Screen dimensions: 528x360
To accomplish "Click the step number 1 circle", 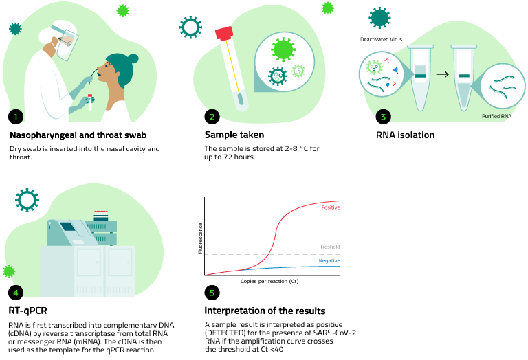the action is click(16, 117).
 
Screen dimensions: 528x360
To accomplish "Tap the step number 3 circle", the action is click(383, 117).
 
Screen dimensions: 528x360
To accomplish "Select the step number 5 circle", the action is click(212, 293).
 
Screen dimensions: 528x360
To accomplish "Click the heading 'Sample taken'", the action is click(234, 135).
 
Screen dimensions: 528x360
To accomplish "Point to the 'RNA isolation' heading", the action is click(405, 135).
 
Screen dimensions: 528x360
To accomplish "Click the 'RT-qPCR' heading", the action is click(27, 311).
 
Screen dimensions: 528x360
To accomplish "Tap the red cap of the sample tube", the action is click(224, 34).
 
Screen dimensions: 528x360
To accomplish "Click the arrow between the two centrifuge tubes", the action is click(443, 74).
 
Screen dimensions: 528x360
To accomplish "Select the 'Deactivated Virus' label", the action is click(381, 39).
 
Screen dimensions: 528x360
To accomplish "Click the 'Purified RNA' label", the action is click(496, 116).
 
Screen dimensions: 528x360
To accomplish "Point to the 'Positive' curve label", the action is click(331, 207).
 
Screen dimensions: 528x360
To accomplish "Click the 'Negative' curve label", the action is click(329, 261).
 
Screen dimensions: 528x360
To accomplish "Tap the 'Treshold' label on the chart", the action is click(330, 247).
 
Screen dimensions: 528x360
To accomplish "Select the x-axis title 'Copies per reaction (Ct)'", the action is click(269, 281).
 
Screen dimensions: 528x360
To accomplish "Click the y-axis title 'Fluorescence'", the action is click(200, 238).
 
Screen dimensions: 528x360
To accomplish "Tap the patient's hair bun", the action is click(133, 59).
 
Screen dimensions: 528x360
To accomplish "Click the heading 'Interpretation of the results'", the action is click(265, 311).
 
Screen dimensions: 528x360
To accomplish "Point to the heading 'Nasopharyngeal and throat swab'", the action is click(78, 135).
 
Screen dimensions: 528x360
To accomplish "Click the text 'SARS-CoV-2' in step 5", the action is click(334, 333).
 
